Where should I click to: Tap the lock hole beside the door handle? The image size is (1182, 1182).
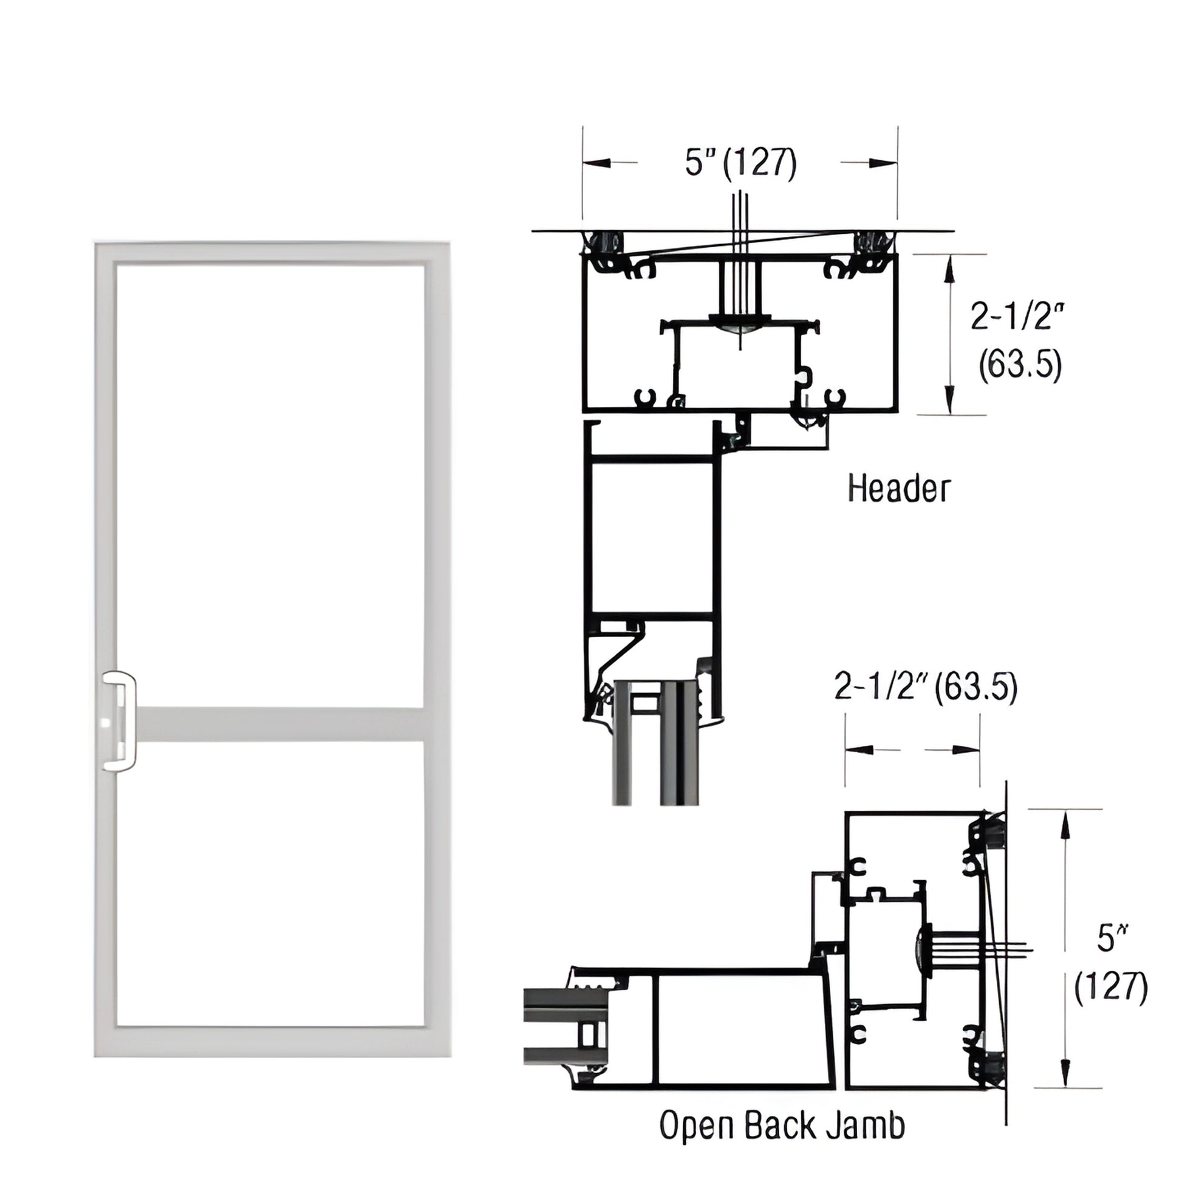tap(104, 723)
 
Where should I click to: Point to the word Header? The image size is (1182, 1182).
tap(899, 490)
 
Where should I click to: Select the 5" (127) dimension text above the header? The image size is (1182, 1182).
tap(740, 163)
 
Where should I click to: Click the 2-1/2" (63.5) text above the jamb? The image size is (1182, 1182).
tap(926, 687)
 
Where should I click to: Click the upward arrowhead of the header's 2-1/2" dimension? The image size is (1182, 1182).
tap(949, 267)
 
